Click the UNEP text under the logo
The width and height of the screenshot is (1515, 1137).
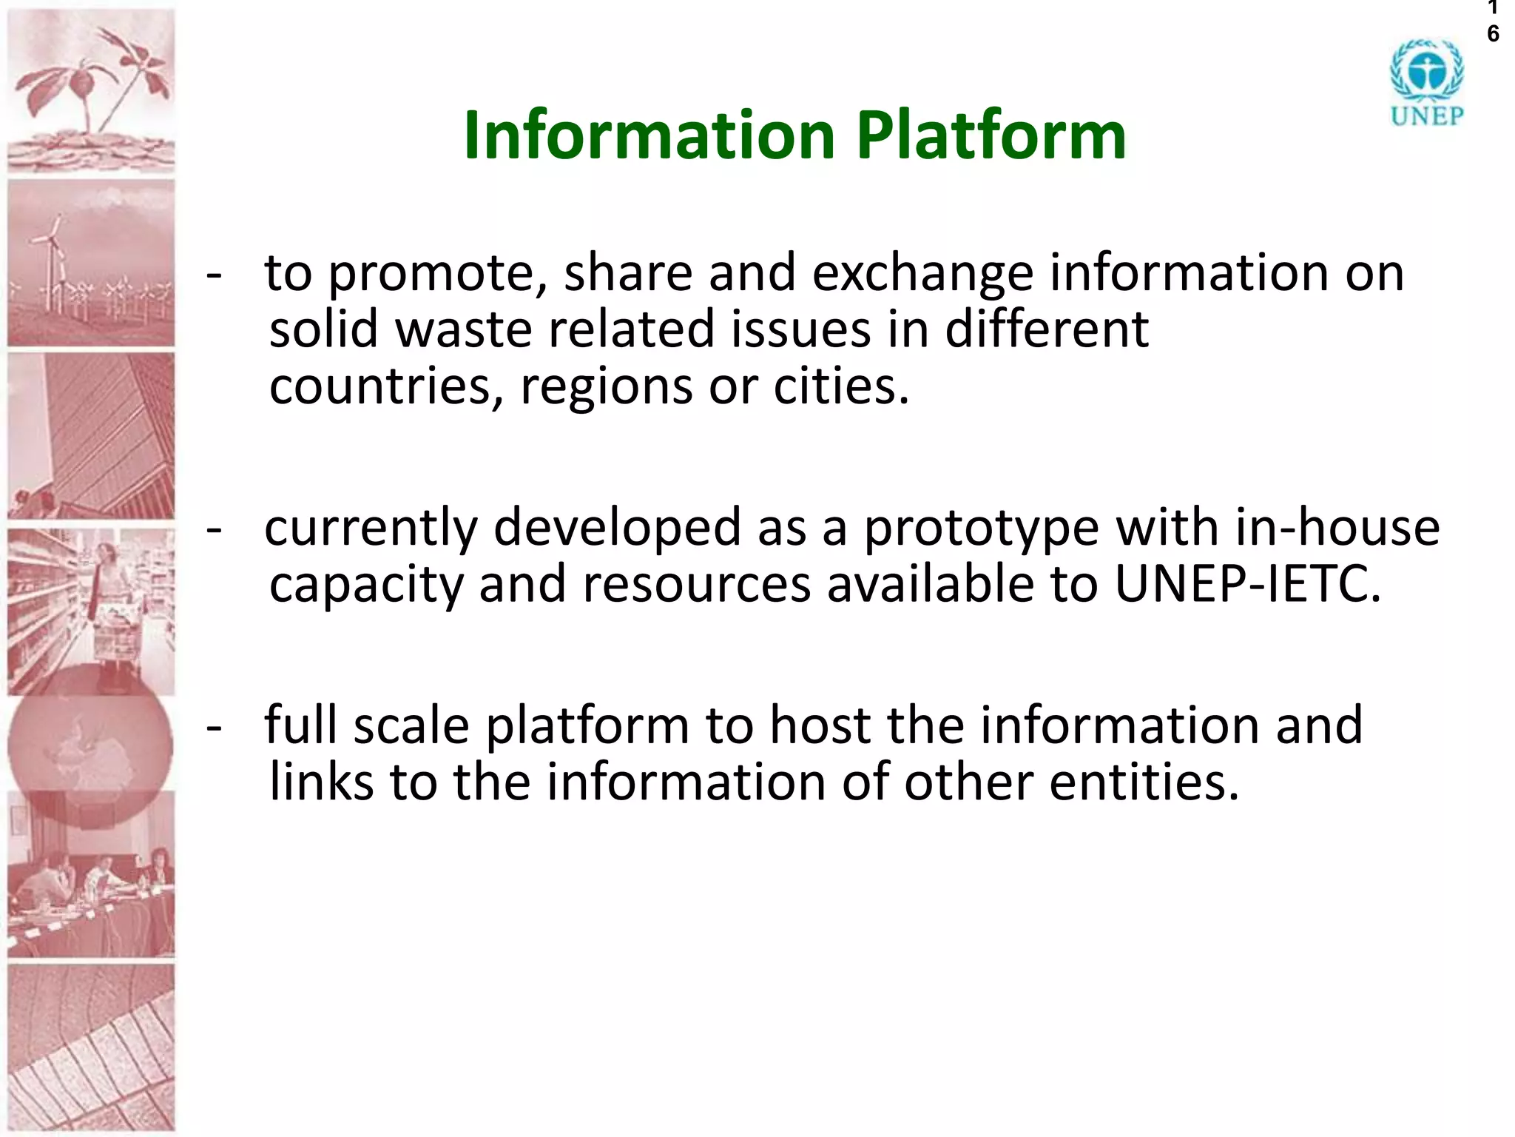(x=1426, y=116)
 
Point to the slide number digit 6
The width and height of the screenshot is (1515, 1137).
(x=1493, y=34)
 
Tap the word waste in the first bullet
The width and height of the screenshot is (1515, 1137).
(x=464, y=329)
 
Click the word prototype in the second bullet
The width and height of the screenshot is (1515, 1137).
(x=982, y=528)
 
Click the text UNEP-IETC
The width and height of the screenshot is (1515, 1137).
(x=1246, y=585)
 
